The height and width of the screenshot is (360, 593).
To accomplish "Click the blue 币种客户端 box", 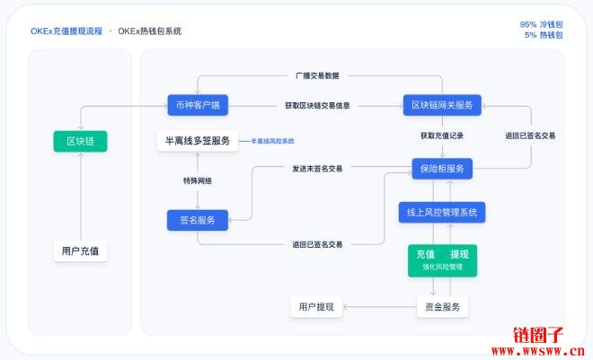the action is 198,105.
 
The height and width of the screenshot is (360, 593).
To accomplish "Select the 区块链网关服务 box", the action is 442,105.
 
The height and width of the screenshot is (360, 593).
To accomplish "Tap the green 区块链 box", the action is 80,141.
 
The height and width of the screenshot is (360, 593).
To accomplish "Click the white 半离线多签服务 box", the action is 198,141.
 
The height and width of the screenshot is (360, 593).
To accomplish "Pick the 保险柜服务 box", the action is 442,169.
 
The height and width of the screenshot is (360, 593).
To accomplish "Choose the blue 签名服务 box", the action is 198,220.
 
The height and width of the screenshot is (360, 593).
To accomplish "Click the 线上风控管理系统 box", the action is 442,212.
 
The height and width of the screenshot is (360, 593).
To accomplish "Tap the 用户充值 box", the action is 80,251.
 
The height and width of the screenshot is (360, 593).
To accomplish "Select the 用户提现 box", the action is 316,307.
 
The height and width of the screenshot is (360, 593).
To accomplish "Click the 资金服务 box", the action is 442,307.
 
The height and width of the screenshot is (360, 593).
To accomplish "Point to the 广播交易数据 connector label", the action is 317,75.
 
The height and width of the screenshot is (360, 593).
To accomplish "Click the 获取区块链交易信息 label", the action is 317,105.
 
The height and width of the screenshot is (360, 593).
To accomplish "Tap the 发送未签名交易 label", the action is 317,169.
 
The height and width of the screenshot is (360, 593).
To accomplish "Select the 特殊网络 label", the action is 198,181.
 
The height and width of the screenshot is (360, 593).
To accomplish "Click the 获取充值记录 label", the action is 442,136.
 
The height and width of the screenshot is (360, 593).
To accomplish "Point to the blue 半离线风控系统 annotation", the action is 272,141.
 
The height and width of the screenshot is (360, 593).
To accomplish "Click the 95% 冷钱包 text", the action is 541,24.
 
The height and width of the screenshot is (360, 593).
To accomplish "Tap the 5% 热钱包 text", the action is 544,35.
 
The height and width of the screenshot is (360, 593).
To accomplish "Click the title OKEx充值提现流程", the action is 66,31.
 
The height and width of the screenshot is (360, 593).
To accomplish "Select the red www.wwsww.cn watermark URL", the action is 538,351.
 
